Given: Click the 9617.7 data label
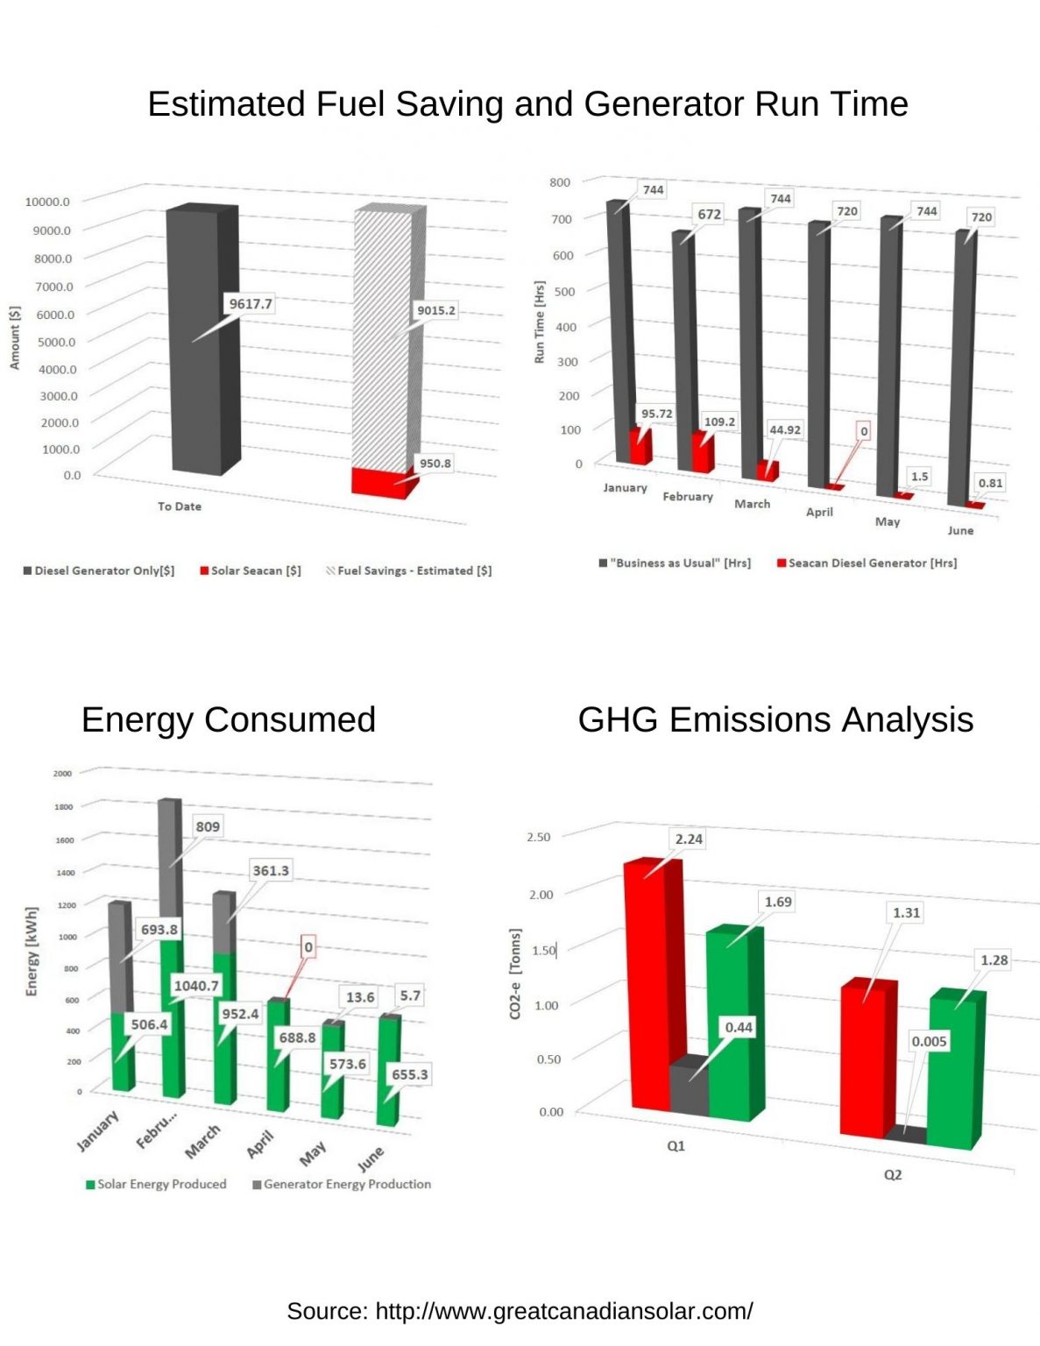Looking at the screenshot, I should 251,304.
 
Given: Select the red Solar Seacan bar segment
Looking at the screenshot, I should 379,482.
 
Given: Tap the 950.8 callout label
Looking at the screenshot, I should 435,464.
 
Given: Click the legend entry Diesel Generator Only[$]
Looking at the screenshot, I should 99,570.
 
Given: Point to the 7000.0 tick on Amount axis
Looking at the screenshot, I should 54,287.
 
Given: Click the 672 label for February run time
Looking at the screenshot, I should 709,214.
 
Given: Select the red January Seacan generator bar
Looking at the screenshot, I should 640,446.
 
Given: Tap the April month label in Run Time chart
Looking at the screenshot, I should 819,512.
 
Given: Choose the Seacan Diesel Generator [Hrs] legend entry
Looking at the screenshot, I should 867,563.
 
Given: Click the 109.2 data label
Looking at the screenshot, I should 719,422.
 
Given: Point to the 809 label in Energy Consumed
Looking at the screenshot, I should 208,826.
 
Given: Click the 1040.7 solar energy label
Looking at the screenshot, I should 196,986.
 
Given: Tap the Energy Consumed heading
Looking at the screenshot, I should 229,719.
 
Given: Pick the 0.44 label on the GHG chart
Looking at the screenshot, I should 739,1027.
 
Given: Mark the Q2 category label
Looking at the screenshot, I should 892,1174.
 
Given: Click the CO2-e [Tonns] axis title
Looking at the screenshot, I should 515,974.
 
